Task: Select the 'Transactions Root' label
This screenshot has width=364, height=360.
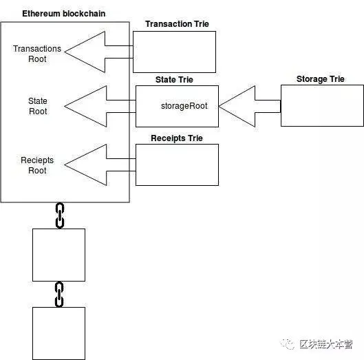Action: point(37,54)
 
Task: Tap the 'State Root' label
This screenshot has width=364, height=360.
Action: point(37,106)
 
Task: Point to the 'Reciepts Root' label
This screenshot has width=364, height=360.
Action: point(37,165)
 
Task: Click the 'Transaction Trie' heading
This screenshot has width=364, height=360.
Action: point(177,24)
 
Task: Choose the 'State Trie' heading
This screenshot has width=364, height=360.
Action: point(176,80)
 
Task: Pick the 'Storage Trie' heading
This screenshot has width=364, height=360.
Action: point(320,79)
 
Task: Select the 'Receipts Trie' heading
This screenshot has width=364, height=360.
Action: point(177,138)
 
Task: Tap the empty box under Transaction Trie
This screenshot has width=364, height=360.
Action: point(174,52)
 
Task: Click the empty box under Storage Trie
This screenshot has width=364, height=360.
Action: point(321,105)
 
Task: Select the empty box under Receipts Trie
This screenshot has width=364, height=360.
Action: point(177,165)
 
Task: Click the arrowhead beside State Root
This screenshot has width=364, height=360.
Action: point(85,106)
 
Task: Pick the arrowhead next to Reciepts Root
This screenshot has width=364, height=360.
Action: point(85,165)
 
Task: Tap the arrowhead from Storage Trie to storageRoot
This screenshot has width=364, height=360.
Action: point(237,106)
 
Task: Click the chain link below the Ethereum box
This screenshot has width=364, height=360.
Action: point(59,215)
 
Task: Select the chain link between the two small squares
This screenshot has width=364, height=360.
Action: point(59,294)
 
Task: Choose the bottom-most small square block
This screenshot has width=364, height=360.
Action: point(58,333)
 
